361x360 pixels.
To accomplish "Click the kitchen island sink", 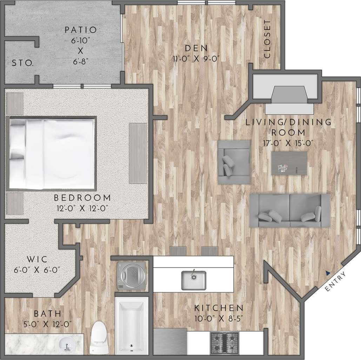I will (x=193, y=279).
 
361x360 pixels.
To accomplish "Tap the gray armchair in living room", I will (x=234, y=162).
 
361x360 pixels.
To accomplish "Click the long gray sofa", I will (x=290, y=210).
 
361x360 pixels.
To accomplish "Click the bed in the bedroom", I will (x=52, y=154).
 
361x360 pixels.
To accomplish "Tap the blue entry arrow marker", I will (x=327, y=272).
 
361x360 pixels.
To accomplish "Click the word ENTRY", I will (x=335, y=281).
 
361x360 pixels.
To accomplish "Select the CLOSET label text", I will (x=267, y=39).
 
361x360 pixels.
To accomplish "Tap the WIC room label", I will (x=33, y=260).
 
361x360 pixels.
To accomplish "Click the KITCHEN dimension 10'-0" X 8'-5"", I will (x=219, y=319).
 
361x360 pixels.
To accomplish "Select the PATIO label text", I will (x=80, y=30).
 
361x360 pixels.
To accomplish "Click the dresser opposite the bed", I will (x=138, y=153).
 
